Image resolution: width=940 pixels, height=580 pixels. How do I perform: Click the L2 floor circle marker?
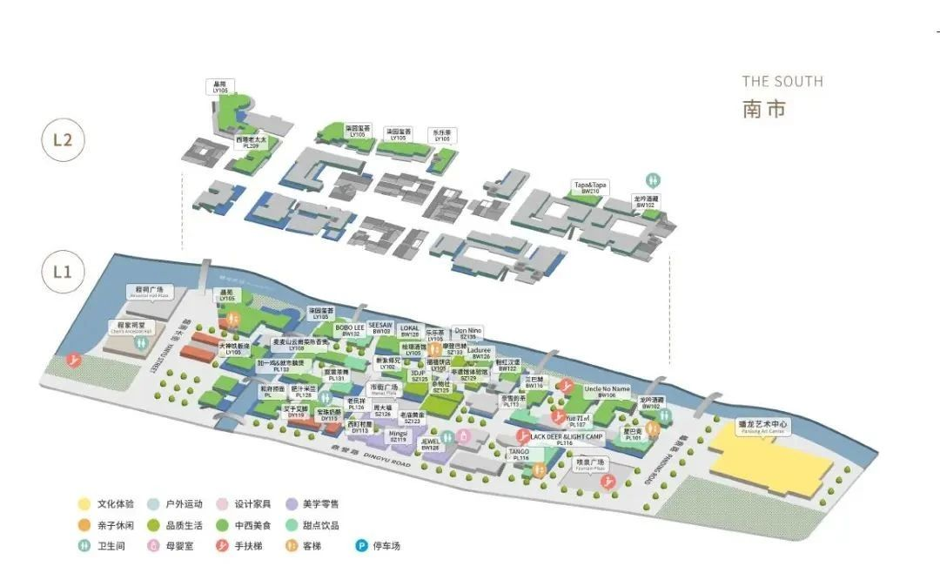click(x=62, y=140)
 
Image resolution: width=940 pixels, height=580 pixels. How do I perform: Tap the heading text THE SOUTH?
click(x=782, y=82)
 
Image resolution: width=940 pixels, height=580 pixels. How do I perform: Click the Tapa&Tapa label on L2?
click(x=590, y=187)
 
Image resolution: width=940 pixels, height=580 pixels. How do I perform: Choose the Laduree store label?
click(x=480, y=353)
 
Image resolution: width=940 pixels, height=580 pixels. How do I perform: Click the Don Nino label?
click(x=467, y=333)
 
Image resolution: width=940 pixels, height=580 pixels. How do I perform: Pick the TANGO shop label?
click(x=520, y=454)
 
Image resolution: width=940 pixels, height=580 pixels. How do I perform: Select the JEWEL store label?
click(x=431, y=444)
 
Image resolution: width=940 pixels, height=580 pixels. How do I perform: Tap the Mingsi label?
click(x=398, y=435)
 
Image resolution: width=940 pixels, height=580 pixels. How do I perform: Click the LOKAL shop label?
click(x=409, y=330)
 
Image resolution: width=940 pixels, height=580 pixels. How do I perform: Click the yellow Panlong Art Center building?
click(x=766, y=453)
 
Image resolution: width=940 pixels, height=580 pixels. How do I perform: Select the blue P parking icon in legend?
click(x=360, y=547)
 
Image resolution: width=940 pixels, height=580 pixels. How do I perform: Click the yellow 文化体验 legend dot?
click(x=84, y=503)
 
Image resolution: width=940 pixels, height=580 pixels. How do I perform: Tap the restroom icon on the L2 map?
click(x=652, y=179)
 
